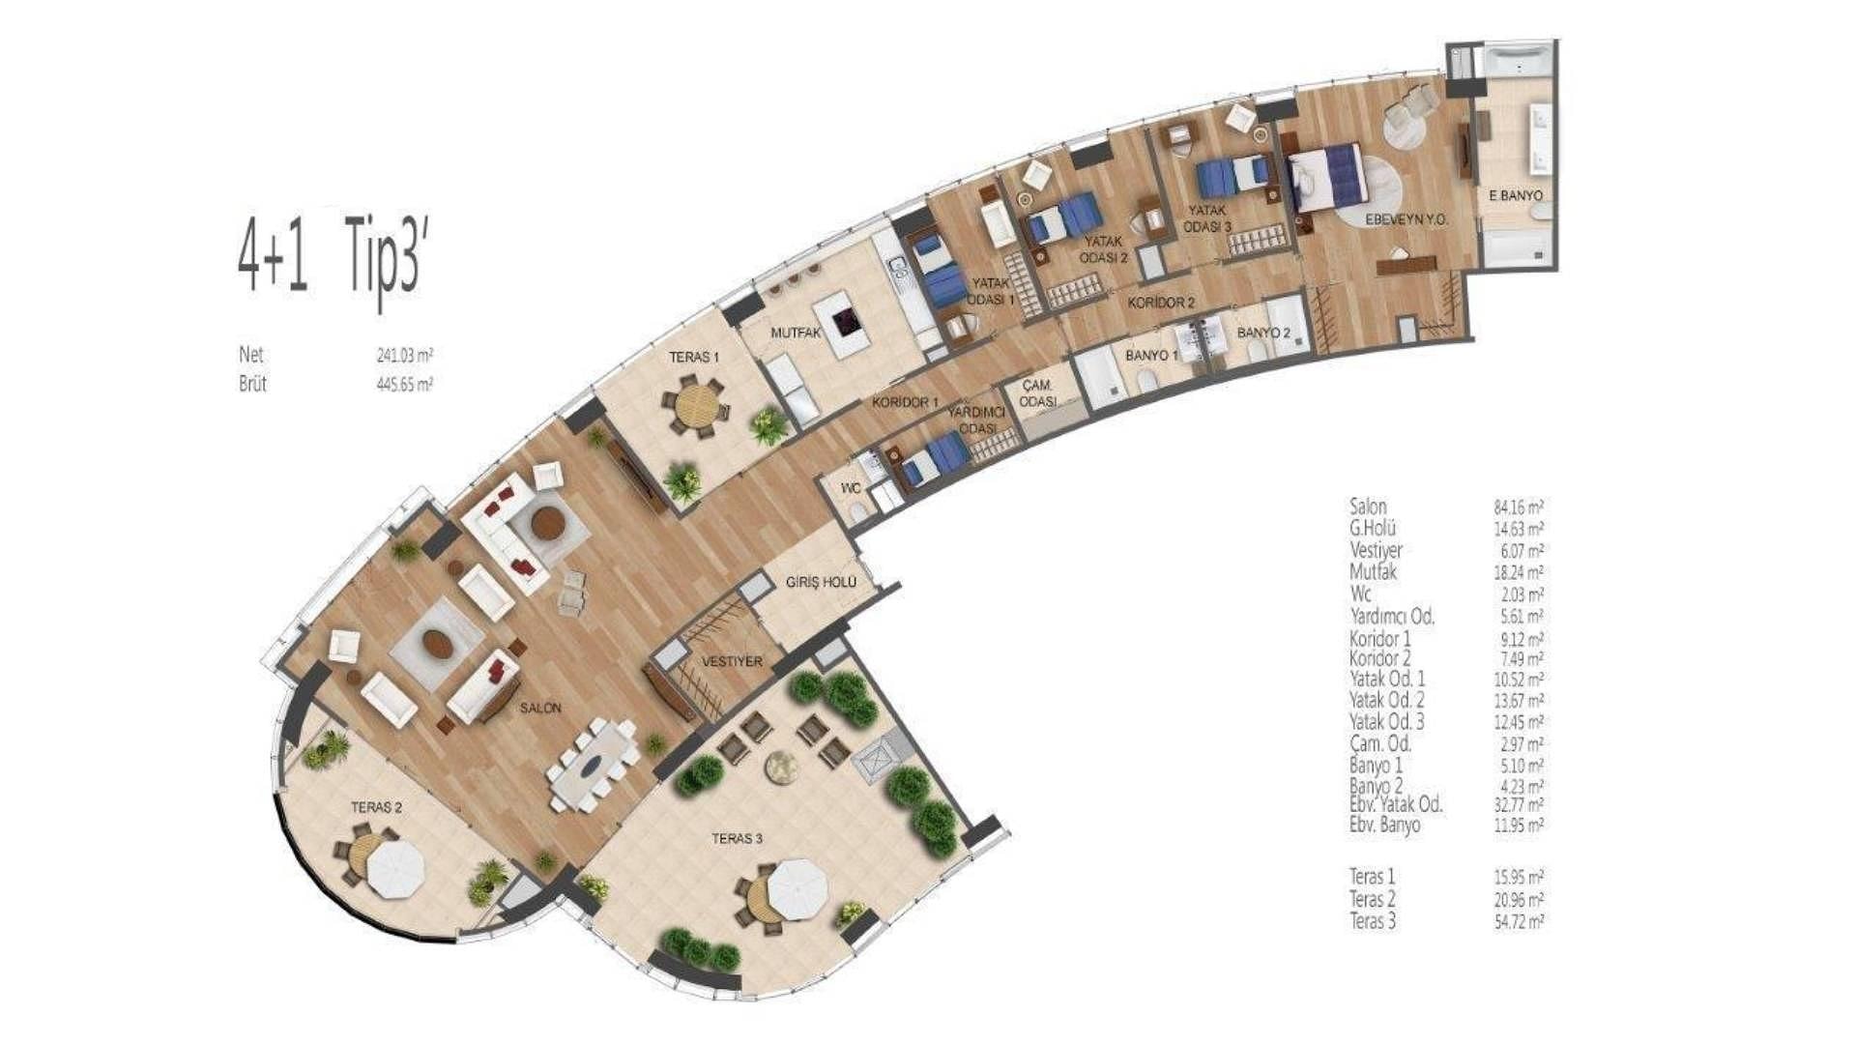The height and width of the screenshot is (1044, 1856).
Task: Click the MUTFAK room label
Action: tap(796, 333)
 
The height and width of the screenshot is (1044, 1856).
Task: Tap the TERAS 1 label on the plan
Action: tap(694, 358)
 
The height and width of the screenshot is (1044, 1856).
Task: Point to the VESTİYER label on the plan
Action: tap(732, 662)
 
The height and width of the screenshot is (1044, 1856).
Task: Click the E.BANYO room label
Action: tap(1515, 195)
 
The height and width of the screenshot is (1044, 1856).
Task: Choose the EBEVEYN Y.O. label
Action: tap(1406, 220)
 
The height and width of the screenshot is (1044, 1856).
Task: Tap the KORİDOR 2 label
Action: tap(1161, 303)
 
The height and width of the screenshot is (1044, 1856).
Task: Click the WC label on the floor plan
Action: tap(851, 489)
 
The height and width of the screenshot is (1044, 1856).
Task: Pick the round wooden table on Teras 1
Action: tap(694, 409)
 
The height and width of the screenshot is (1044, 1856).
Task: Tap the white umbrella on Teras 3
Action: tap(797, 887)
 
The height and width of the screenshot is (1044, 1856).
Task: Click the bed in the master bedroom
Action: tap(1327, 178)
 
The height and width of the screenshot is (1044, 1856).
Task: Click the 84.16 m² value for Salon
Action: tap(1519, 507)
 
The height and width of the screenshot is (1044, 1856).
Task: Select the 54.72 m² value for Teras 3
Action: tap(1519, 921)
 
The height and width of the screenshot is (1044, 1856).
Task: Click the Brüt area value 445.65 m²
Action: tap(405, 384)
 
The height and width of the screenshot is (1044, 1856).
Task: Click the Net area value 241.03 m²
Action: tap(405, 356)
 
